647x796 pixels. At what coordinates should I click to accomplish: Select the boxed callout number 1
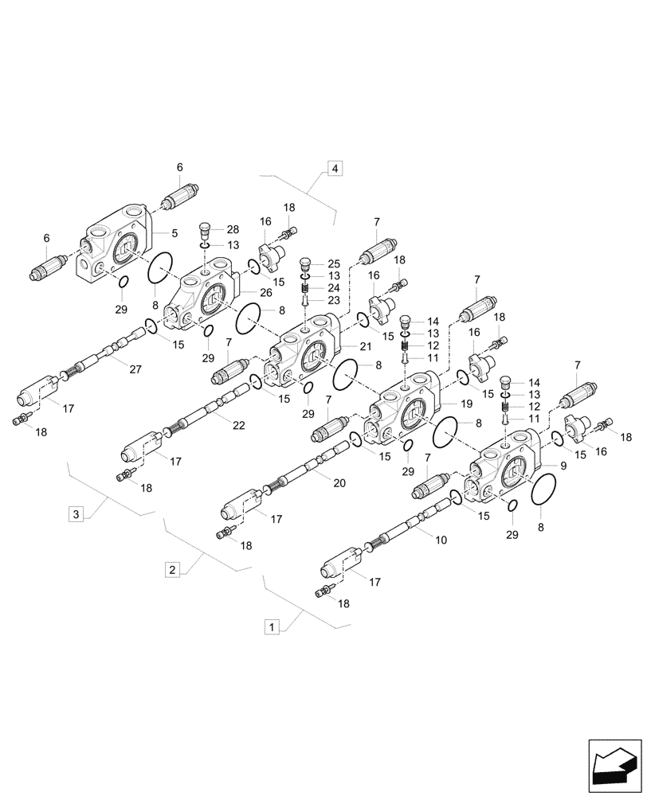pyautogui.click(x=273, y=627)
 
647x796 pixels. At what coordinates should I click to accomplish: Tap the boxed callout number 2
pyautogui.click(x=171, y=569)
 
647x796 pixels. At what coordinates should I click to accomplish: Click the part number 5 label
pyautogui.click(x=173, y=233)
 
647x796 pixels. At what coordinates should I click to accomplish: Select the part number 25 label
pyautogui.click(x=332, y=263)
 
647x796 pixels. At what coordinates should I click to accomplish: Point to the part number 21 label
pyautogui.click(x=366, y=346)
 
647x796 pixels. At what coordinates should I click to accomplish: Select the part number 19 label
pyautogui.click(x=467, y=404)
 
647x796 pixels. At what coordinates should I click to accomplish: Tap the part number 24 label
pyautogui.click(x=332, y=287)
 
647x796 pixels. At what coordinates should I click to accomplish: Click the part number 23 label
pyautogui.click(x=332, y=300)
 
